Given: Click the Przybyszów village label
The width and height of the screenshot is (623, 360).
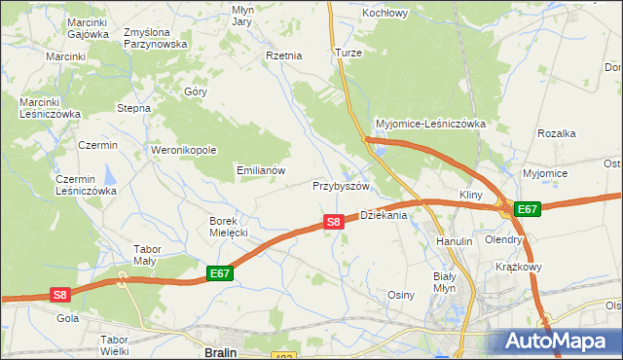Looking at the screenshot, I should click(x=342, y=186).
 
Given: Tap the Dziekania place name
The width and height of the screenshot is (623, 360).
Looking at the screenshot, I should click(x=383, y=215).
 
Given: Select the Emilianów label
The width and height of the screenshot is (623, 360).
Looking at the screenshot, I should click(x=261, y=169).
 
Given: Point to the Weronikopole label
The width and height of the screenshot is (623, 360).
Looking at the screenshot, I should click(x=183, y=150).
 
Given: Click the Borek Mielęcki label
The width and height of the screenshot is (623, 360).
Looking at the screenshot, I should click(x=230, y=227).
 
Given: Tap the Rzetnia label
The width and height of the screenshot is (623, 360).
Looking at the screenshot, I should click(x=284, y=55).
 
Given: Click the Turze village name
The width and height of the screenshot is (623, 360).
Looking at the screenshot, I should click(x=348, y=52).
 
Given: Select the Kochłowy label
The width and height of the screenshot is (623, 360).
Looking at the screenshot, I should click(x=385, y=14).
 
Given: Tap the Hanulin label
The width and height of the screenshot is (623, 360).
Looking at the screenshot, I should click(x=454, y=240).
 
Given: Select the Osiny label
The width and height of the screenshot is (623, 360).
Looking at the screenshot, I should click(x=402, y=295).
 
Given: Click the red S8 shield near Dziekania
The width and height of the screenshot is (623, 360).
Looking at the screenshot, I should click(x=333, y=222).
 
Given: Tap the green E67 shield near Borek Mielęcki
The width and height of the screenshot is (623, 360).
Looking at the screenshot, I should click(x=220, y=274).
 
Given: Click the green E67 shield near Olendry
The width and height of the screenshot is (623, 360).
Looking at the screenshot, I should click(x=527, y=209).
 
